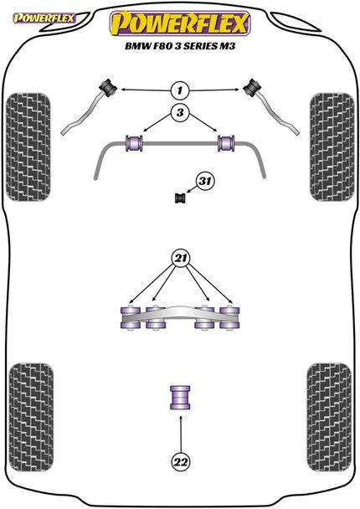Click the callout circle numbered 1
pyautogui.click(x=179, y=90)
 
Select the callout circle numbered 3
pyautogui.click(x=180, y=112)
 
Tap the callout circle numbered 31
pyautogui.click(x=204, y=181)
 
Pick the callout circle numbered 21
pyautogui.click(x=181, y=259)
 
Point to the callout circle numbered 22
pyautogui.click(x=181, y=461)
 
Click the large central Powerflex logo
pyautogui.click(x=180, y=23)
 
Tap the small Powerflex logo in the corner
pyautogui.click(x=44, y=18)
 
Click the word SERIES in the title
pyautogui.click(x=200, y=46)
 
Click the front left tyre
pyautogui.click(x=28, y=147)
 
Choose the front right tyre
pyautogui.click(x=332, y=147)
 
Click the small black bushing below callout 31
pyautogui.click(x=180, y=198)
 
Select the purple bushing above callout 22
pyautogui.click(x=180, y=398)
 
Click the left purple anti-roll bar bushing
pyautogui.click(x=134, y=143)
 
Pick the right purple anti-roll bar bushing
pyautogui.click(x=227, y=143)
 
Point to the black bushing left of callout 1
pyautogui.click(x=107, y=87)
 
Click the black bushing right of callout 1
pyautogui.click(x=253, y=87)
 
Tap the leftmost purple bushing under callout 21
pyautogui.click(x=130, y=317)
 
